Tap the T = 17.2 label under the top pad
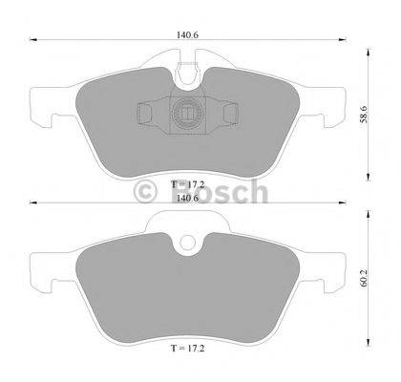(x=188, y=182)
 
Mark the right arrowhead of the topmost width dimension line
(x=342, y=40)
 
